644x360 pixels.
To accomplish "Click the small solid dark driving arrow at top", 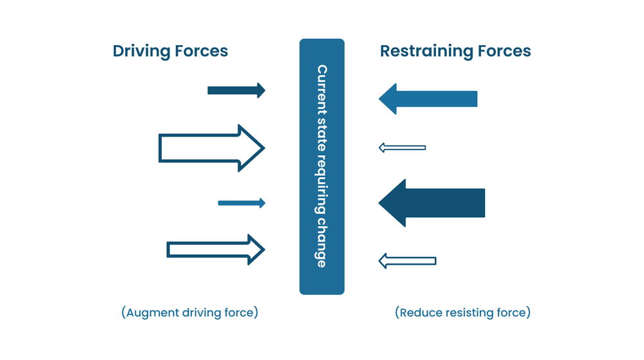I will click(236, 90).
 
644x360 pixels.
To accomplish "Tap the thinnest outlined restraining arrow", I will click(402, 148).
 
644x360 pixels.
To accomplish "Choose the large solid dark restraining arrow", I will click(438, 203).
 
